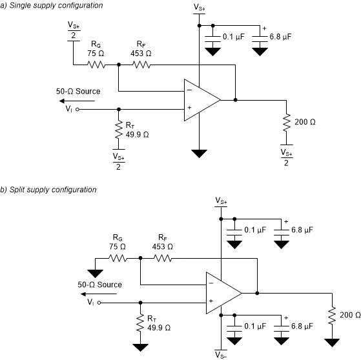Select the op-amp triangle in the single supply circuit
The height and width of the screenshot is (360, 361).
200,100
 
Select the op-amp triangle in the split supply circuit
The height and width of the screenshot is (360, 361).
222,292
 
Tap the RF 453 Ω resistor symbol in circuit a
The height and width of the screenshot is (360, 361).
140,65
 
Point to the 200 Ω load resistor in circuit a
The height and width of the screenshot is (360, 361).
285,123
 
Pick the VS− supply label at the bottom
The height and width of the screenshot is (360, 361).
222,355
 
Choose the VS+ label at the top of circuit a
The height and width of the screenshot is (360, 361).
200,7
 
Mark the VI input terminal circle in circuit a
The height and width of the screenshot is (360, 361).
77,110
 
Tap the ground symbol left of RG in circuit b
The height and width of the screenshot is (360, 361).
96,271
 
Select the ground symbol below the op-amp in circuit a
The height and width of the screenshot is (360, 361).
200,154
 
